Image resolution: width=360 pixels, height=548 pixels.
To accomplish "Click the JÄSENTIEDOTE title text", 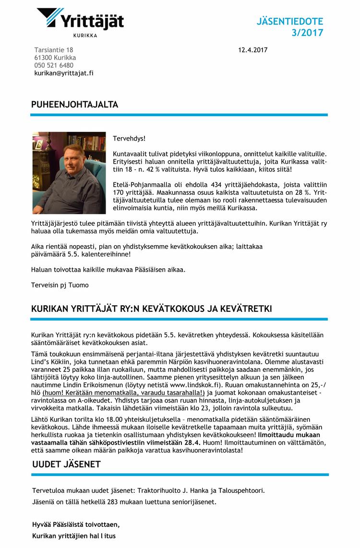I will (289, 22).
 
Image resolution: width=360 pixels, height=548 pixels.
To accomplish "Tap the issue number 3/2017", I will (307, 33).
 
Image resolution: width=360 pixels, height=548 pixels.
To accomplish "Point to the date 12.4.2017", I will (252, 50).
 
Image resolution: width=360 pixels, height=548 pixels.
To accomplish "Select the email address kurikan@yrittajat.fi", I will (64, 73).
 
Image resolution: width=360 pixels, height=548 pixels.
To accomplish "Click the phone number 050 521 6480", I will (54, 65).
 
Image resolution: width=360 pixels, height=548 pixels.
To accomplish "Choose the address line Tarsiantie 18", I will (54, 50).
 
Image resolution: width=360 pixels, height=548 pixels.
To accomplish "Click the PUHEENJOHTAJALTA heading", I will (74, 105).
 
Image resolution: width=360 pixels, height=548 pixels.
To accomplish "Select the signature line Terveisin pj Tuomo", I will (60, 285).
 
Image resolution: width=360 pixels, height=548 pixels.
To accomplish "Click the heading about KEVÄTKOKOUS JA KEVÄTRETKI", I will (151, 309).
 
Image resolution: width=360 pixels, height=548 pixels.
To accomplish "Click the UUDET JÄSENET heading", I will (66, 464).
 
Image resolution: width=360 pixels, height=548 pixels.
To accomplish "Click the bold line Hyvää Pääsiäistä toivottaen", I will (76, 524).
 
